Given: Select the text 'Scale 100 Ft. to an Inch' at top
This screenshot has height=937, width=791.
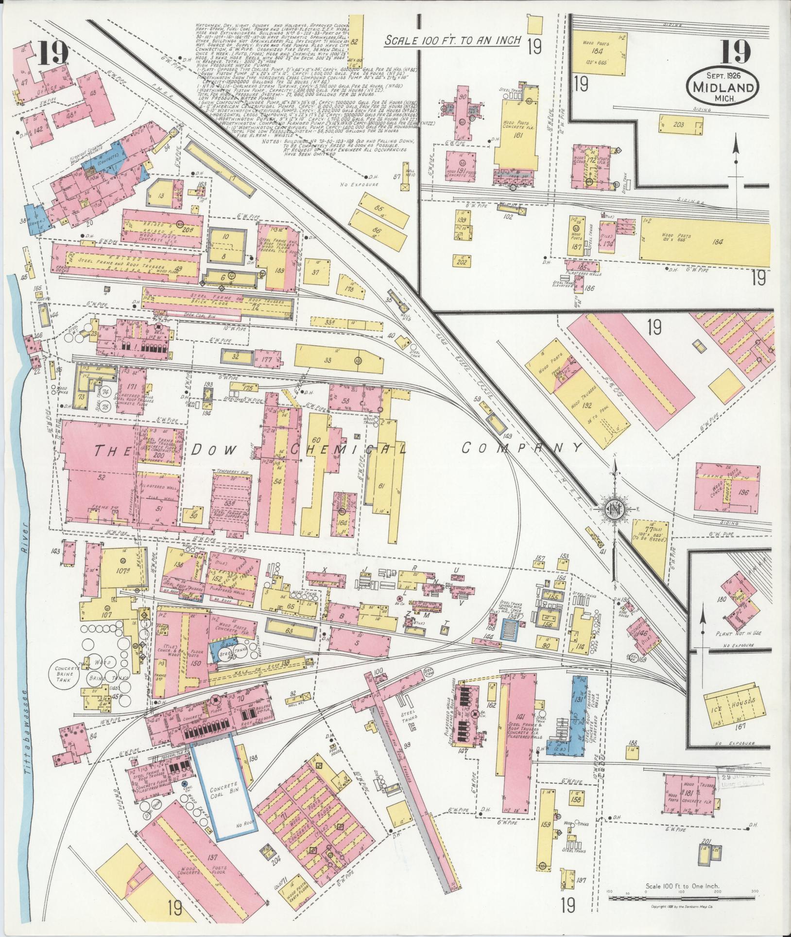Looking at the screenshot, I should click(x=452, y=41).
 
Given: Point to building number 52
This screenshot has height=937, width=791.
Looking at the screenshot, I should click(x=102, y=477).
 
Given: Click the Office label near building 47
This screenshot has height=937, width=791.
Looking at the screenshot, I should click(x=49, y=88).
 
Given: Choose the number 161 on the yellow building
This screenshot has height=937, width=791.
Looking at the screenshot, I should click(x=517, y=136).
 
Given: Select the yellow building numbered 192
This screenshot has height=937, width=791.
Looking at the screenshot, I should click(x=587, y=404).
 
